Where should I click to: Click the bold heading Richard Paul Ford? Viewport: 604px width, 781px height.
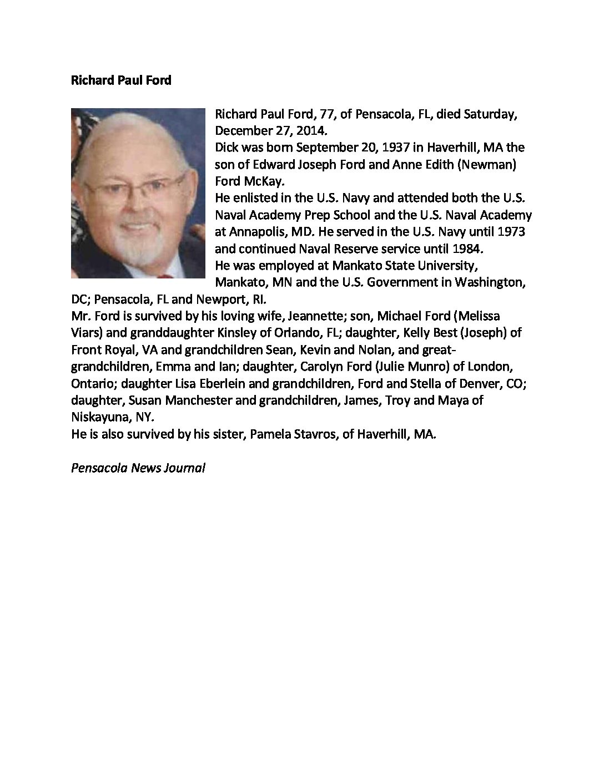tap(121, 80)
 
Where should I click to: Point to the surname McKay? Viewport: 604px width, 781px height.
tap(264, 181)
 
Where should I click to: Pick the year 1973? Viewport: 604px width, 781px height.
tap(511, 231)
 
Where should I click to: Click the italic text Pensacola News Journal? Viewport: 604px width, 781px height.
tap(138, 468)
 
